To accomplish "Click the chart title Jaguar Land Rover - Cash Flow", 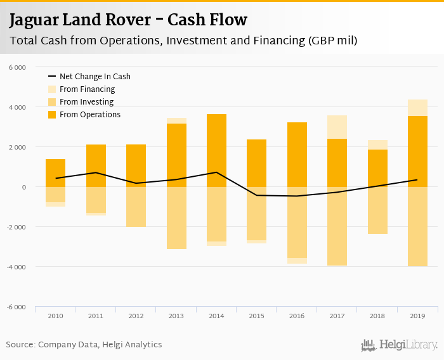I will tap(127, 20).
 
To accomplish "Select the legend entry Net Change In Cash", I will tap(95, 77).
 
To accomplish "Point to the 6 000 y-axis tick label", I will tap(17, 67).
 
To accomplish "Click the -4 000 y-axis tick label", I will tap(16, 267).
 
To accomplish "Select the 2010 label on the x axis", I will tap(55, 316).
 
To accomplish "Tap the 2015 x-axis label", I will tap(256, 316).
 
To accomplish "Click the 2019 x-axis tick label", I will tap(417, 316).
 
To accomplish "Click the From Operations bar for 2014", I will tap(216, 150).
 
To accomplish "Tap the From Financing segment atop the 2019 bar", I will tap(417, 108).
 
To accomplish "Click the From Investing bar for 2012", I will tap(136, 207).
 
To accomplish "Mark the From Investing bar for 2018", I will tap(377, 210).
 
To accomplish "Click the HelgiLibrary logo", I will tap(400, 345).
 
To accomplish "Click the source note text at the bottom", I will tap(84, 345).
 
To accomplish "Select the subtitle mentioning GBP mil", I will tap(183, 41).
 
